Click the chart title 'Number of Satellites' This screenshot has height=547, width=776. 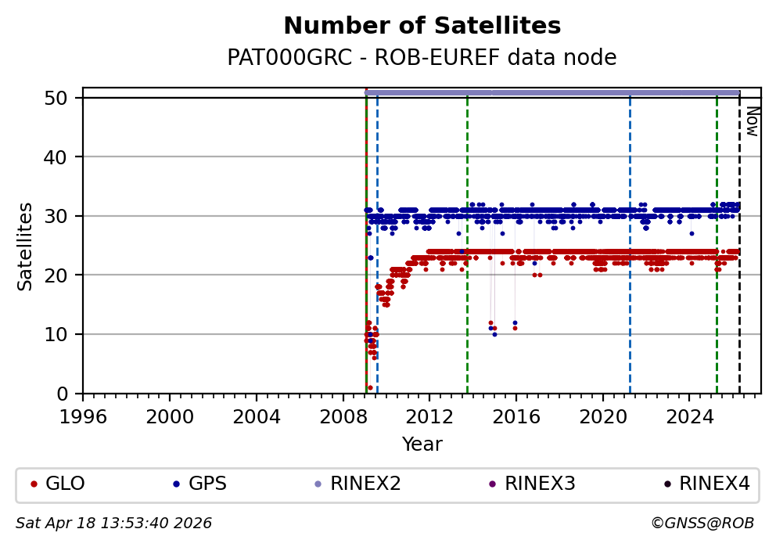(x=422, y=27)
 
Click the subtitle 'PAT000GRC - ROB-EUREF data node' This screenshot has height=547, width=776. (x=422, y=58)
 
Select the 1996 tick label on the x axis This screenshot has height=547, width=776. (x=84, y=415)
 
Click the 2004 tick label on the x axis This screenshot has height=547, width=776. (x=257, y=415)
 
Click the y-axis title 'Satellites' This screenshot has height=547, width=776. (x=26, y=246)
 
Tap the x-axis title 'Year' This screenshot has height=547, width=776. (x=422, y=444)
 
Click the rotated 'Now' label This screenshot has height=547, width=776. (x=751, y=121)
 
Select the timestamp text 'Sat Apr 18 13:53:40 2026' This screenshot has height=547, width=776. (x=114, y=523)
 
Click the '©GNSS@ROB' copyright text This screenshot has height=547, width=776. (x=702, y=523)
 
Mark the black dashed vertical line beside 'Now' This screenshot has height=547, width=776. (x=739, y=250)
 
